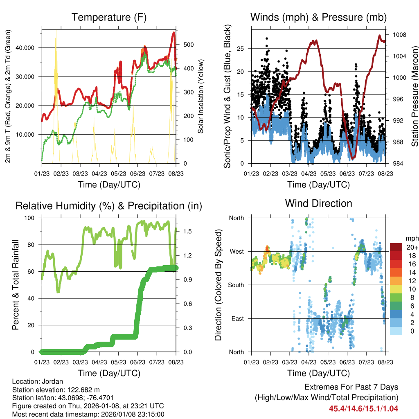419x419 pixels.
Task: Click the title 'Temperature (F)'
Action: click(109, 17)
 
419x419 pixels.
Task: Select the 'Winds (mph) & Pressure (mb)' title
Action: click(318, 17)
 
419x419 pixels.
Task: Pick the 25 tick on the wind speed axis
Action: click(241, 49)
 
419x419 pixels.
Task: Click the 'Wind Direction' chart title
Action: click(318, 203)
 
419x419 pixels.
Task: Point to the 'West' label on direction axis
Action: click(236, 251)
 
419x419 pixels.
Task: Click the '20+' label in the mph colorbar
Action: click(411, 248)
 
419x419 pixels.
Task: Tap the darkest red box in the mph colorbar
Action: click(396, 247)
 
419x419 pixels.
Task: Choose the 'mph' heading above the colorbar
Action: click(412, 238)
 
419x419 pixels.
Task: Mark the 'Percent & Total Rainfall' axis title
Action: click(15, 285)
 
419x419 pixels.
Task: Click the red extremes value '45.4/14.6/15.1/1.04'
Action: click(363, 408)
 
